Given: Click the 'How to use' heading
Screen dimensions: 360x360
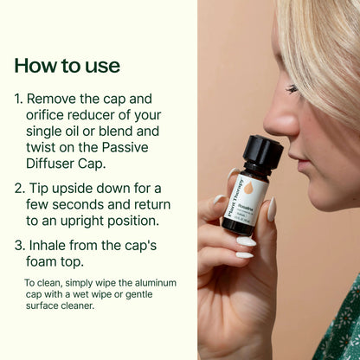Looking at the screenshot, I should (x=67, y=66).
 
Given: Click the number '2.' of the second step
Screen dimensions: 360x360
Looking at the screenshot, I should (x=19, y=189).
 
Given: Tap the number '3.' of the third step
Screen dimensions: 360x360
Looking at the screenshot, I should (x=19, y=247).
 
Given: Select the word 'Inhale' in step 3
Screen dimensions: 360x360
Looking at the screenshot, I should (x=51, y=247).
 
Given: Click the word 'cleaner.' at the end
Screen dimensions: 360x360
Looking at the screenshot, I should (x=74, y=305).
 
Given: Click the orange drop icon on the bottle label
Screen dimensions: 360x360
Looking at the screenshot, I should (x=248, y=187).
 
